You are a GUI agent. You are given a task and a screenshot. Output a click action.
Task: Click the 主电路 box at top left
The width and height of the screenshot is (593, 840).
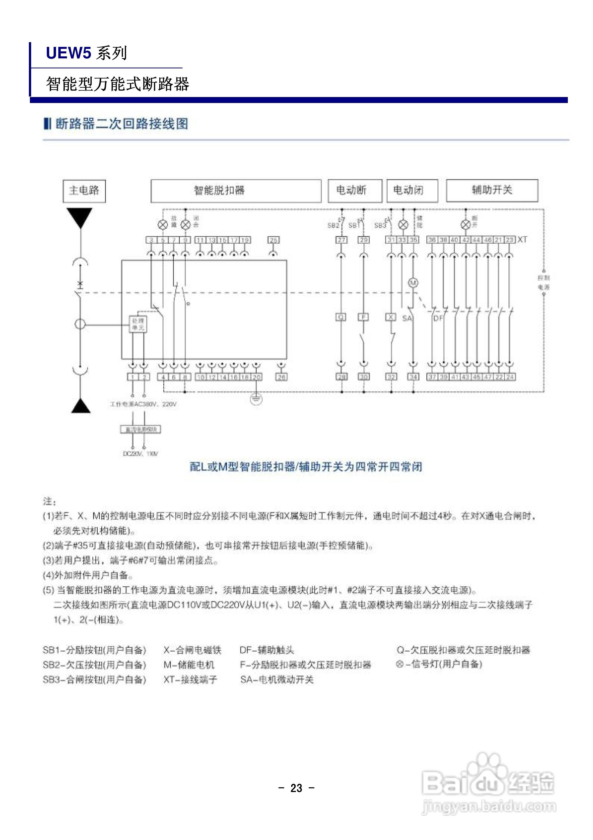84,191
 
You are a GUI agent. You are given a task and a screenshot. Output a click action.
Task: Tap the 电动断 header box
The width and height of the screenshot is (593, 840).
354,191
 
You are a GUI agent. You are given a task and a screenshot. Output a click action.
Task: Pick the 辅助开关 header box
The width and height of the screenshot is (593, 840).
492,191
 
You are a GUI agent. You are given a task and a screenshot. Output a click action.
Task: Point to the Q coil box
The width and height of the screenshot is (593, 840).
341,317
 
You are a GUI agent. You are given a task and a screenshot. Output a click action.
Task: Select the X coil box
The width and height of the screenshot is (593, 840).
391,317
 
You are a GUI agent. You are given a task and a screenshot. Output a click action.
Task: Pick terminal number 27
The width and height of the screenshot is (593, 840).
341,240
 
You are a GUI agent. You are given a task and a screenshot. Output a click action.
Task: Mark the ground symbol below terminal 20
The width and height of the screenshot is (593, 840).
256,399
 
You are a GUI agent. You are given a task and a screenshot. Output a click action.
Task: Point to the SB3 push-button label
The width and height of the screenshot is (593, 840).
380,225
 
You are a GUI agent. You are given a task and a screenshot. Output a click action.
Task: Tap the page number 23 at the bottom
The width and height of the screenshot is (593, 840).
296,788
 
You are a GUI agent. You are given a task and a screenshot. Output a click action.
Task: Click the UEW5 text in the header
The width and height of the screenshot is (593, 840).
68,53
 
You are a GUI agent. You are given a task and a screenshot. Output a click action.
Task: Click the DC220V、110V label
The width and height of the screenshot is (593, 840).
140,454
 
